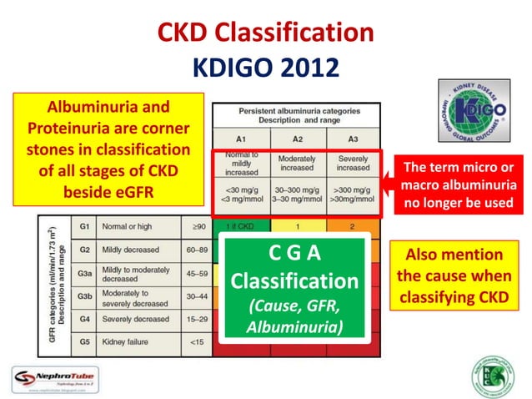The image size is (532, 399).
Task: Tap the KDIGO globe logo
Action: click(x=473, y=117)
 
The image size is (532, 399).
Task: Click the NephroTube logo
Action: click(x=53, y=378)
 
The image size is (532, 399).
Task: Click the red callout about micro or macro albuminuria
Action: click(x=459, y=184)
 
